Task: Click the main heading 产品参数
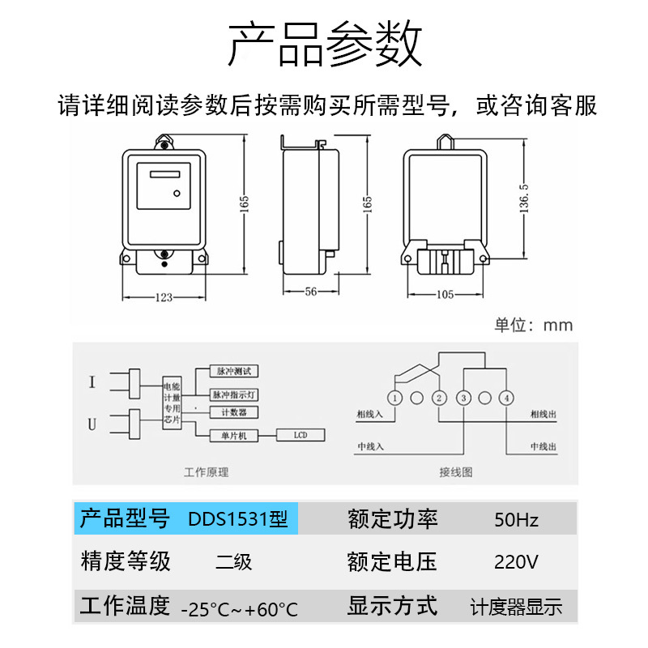[324, 45]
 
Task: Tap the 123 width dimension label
[164, 297]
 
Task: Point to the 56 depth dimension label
[309, 293]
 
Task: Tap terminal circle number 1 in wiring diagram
[394, 398]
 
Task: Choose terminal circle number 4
[505, 398]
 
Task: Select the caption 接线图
[455, 471]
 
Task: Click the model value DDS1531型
[237, 518]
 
